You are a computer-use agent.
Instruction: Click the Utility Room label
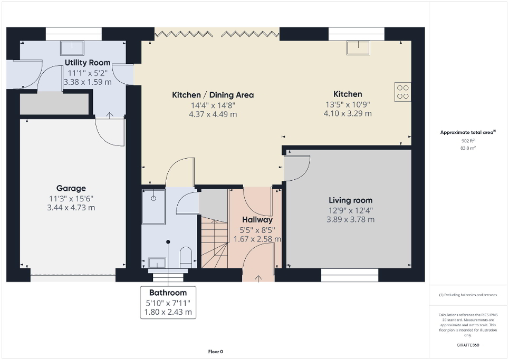pyautogui.click(x=88, y=63)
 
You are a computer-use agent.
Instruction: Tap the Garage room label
pyautogui.click(x=71, y=188)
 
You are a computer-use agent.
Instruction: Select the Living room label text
pyautogui.click(x=350, y=200)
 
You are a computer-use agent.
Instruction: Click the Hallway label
pyautogui.click(x=257, y=220)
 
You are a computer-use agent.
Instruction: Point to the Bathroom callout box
pyautogui.click(x=168, y=302)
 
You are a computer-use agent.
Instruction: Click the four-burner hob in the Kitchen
pyautogui.click(x=402, y=92)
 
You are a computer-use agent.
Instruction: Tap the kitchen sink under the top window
pyautogui.click(x=357, y=48)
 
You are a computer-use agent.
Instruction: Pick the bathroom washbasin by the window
pyautogui.click(x=158, y=262)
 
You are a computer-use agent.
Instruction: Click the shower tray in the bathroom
pyautogui.click(x=153, y=203)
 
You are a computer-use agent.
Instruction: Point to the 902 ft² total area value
pyautogui.click(x=468, y=141)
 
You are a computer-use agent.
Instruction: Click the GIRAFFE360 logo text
pyautogui.click(x=468, y=345)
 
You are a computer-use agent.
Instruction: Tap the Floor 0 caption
pyautogui.click(x=215, y=352)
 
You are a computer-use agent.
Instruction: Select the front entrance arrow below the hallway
pyautogui.click(x=258, y=278)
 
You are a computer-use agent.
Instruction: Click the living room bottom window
pyautogui.click(x=350, y=273)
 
